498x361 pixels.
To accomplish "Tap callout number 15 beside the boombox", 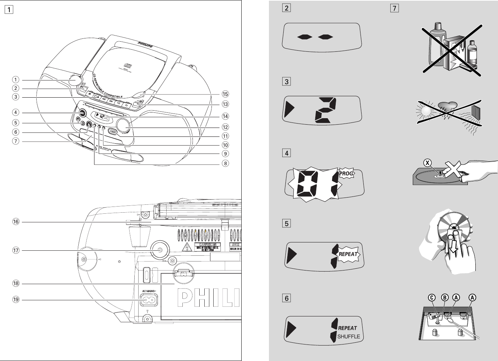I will pos(225,94).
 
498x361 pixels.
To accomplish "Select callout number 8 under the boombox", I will pos(225,163).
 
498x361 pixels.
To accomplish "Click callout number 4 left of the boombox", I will pos(15,112).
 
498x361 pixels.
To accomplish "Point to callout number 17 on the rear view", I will pos(16,250).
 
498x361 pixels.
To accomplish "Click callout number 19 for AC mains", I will pos(16,300).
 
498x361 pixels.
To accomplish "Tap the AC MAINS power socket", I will pos(149,299).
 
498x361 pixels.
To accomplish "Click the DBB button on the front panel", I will pos(112,132).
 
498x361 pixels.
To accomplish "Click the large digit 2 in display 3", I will pos(325,110).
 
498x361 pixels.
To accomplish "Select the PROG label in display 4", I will pos(346,173).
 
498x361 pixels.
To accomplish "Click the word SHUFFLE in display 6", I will pos(348,337).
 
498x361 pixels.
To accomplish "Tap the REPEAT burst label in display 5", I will pos(348,254).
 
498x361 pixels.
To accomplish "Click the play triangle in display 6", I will pos(291,329).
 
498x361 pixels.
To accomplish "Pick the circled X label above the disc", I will pos(427,163).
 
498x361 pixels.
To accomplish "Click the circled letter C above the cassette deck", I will pos(432,297).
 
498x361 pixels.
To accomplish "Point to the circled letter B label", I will pos(445,297).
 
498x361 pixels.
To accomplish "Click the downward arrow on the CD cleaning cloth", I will pos(454,248).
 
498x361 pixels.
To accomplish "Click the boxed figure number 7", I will pos(395,8).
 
